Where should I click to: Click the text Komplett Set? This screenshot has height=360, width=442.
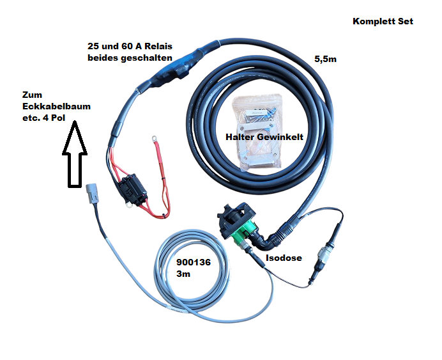point(383,21)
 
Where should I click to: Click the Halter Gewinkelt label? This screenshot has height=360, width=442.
point(263,137)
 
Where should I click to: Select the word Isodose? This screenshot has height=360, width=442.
point(282,258)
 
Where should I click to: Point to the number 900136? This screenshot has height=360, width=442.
point(193,262)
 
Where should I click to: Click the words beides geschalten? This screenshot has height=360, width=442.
point(130,58)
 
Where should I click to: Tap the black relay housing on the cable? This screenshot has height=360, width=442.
point(167,71)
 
